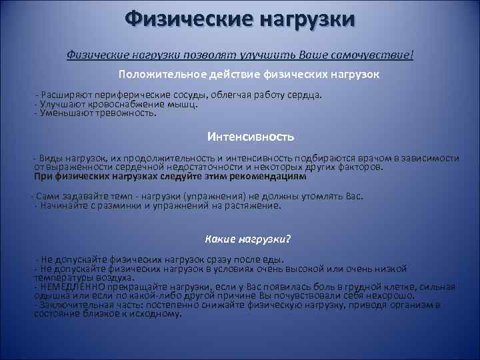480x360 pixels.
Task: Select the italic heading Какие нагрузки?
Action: click(247, 239)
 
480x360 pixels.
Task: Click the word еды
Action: click(272, 259)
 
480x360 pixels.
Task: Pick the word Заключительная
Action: click(75, 305)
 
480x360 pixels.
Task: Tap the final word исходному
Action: click(158, 313)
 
